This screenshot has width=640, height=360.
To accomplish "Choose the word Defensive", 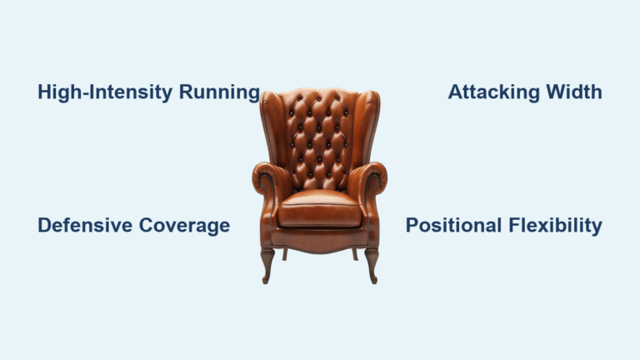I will tap(84, 225).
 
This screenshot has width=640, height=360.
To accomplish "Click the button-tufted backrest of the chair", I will tap(319, 137).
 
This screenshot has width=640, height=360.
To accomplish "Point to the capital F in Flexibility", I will tap(511, 225).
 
